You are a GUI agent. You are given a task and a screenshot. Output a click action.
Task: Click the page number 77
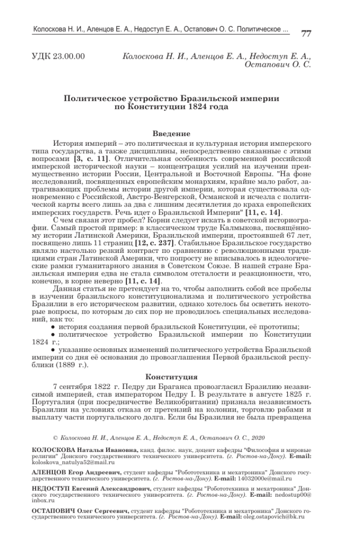tap(306, 33)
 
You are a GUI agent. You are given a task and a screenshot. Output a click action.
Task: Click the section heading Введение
tap(171, 133)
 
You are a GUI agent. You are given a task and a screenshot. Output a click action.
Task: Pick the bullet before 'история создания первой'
tap(52, 327)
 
